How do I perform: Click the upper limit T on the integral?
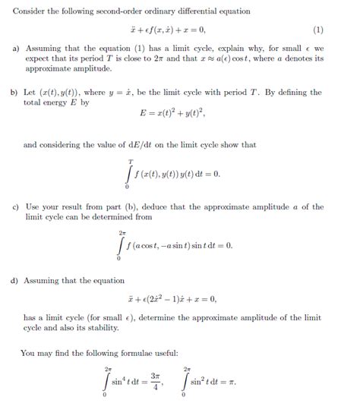tap(131, 162)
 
